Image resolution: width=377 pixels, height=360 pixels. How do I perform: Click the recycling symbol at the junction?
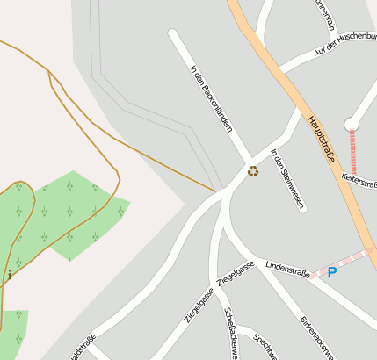coord(253,171)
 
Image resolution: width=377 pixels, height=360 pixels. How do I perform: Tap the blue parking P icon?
coord(332,272)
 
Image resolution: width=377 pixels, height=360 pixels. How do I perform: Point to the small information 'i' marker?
coord(10,276)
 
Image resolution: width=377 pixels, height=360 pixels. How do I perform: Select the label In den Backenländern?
coord(211,97)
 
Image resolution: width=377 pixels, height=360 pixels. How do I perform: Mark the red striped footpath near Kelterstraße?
coord(353,151)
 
